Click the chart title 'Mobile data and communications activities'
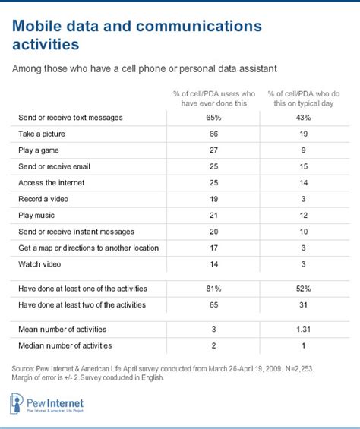click(x=137, y=35)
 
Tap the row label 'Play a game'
click(x=40, y=151)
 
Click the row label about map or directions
click(x=88, y=248)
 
